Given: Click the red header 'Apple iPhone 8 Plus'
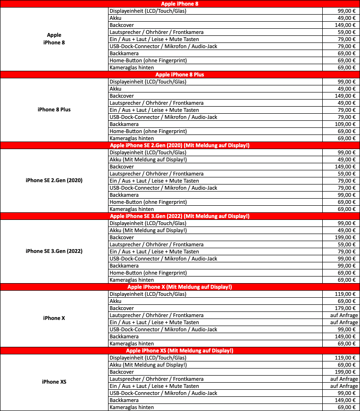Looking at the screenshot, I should click(x=180, y=75).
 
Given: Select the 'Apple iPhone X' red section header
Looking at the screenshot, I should click(x=180, y=287).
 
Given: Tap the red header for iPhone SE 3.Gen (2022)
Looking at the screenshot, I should click(x=180, y=216).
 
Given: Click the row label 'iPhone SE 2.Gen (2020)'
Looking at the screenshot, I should click(x=54, y=180).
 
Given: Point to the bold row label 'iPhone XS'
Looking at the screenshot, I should click(x=54, y=381).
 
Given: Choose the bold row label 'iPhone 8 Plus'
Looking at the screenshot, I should click(x=54, y=109).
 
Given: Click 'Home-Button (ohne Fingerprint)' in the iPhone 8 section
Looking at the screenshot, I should click(x=148, y=60).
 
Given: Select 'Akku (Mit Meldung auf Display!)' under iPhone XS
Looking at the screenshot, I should click(x=148, y=365).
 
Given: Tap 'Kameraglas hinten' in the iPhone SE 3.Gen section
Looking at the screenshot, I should click(x=132, y=280).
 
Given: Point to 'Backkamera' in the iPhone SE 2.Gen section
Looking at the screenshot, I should click(x=124, y=195).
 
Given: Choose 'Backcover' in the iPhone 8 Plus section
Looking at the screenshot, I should click(x=121, y=96).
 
